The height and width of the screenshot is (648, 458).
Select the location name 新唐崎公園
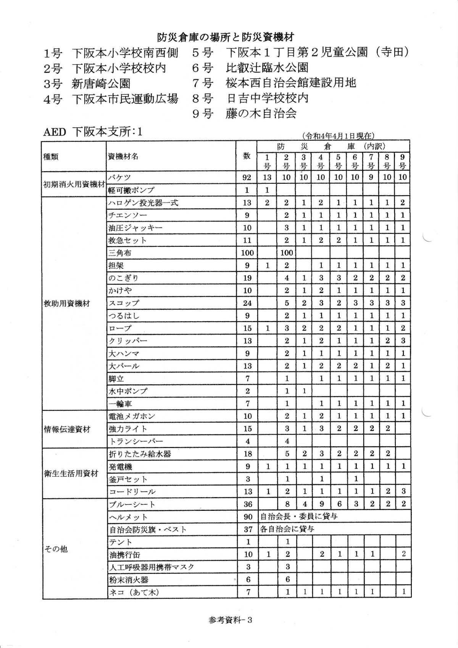pyautogui.click(x=101, y=83)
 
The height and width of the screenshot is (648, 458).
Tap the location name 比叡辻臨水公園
pyautogui.click(x=267, y=68)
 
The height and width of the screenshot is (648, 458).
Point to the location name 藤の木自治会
pyautogui.click(x=261, y=113)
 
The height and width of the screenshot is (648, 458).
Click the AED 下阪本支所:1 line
pyautogui.click(x=93, y=132)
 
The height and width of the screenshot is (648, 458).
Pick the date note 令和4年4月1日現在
pyautogui.click(x=337, y=136)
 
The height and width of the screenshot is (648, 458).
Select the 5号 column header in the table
pyautogui.click(x=338, y=161)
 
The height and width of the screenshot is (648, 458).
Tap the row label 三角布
pyautogui.click(x=121, y=253)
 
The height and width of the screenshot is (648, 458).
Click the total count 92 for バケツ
pyautogui.click(x=247, y=177)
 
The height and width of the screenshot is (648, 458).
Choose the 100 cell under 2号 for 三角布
pyautogui.click(x=286, y=253)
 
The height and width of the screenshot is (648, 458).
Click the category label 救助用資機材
pyautogui.click(x=67, y=303)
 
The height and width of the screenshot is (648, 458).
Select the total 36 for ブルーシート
pyautogui.click(x=248, y=504)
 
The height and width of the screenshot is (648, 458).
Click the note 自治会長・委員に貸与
pyautogui.click(x=299, y=517)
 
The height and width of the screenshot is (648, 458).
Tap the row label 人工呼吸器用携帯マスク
pyautogui.click(x=152, y=567)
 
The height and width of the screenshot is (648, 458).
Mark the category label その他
pyautogui.click(x=56, y=549)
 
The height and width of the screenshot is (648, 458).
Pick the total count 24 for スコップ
pyautogui.click(x=247, y=303)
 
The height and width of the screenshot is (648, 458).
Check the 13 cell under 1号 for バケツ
pyautogui.click(x=267, y=177)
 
